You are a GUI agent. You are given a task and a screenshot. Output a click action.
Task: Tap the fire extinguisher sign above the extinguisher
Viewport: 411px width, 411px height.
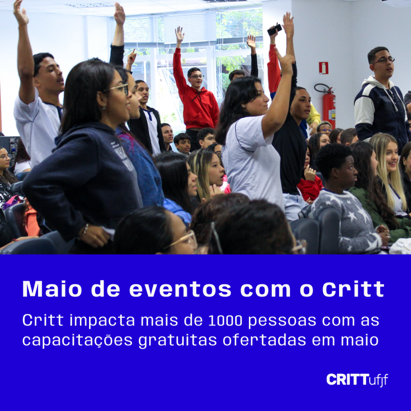pyautogui.click(x=323, y=68)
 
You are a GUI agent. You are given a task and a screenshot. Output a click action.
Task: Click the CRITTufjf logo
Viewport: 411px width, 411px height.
pyautogui.click(x=357, y=379)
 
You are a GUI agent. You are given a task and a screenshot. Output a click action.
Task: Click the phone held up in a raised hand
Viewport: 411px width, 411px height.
pyautogui.click(x=275, y=30)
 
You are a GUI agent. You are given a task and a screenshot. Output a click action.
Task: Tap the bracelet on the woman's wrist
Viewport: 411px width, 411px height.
pyautogui.click(x=85, y=230)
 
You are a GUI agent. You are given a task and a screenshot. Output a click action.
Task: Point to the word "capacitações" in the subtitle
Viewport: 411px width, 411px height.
pyautogui.click(x=77, y=340)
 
